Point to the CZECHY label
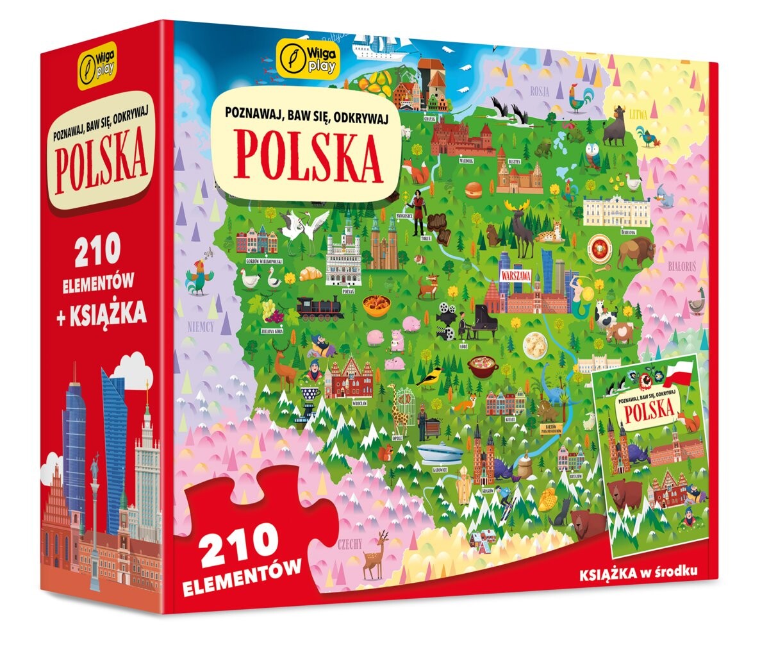coord(349,544)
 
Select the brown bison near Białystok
coord(634,251)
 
